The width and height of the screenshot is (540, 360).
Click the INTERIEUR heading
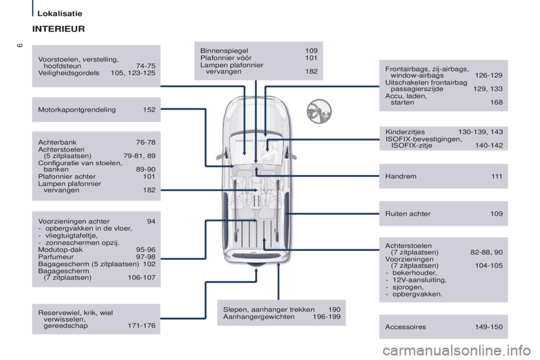(x=58, y=29)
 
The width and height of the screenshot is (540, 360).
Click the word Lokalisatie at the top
(x=60, y=13)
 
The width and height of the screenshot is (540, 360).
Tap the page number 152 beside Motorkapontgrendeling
(x=150, y=110)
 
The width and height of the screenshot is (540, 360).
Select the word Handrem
(x=401, y=176)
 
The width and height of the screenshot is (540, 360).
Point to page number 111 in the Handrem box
(x=497, y=176)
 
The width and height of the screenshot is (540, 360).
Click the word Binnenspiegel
(x=224, y=51)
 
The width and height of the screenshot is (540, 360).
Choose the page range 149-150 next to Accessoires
(x=489, y=327)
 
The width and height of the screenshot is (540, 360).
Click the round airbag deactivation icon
(x=319, y=111)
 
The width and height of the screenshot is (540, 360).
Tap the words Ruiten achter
(x=408, y=214)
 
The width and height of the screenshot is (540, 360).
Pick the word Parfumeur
(x=56, y=256)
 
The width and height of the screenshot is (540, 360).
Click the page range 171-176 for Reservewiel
(x=142, y=326)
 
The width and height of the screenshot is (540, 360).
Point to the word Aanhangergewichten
(x=259, y=317)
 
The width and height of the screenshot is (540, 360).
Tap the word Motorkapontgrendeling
(x=77, y=110)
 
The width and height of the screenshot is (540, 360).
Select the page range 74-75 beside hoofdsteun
(x=146, y=66)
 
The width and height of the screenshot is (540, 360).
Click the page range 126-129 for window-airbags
(x=489, y=75)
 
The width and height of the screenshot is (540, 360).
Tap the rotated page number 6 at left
(x=20, y=46)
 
